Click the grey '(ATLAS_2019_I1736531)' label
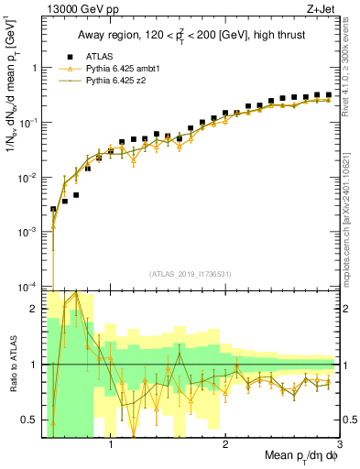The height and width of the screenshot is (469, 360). [191, 274]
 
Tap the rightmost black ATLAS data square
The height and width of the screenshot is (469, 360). [328, 94]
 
